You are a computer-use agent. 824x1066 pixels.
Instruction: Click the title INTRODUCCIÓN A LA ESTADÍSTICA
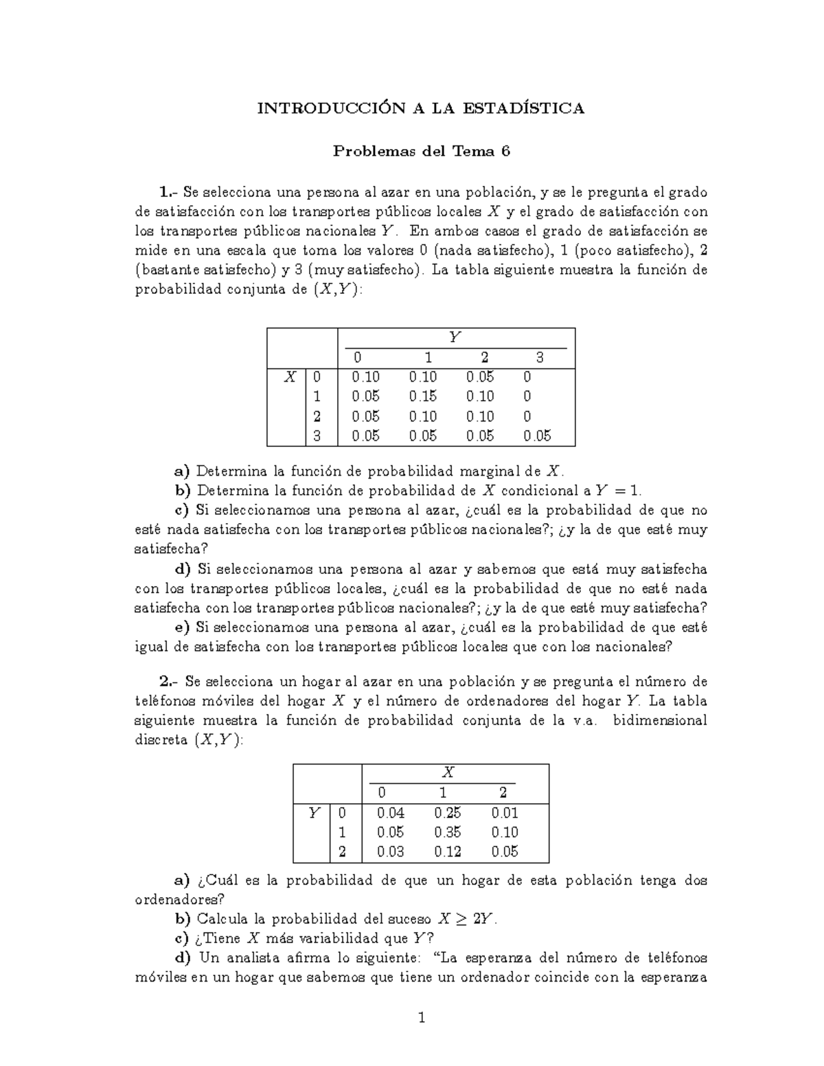(x=421, y=108)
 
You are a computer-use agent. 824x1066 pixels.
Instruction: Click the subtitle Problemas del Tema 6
(x=421, y=152)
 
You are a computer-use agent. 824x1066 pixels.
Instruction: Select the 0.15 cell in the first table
(x=422, y=396)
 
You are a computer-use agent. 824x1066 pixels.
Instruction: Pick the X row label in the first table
(x=290, y=376)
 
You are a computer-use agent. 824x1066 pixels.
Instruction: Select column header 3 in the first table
(x=539, y=358)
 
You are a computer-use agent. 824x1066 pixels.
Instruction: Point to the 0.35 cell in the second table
(x=448, y=832)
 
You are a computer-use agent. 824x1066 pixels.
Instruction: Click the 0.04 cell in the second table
(x=391, y=813)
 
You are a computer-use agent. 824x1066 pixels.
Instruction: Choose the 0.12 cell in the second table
(x=448, y=852)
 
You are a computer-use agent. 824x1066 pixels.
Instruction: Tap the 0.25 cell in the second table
(x=448, y=813)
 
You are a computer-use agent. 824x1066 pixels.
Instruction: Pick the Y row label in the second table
(x=314, y=813)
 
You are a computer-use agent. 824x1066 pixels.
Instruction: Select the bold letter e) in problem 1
(x=183, y=627)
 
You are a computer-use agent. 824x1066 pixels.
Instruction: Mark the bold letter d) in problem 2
(x=183, y=958)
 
